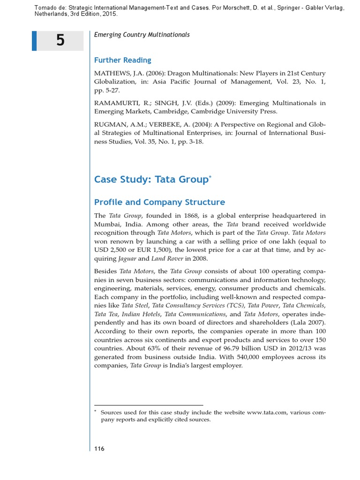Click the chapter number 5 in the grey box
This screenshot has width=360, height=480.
click(60, 41)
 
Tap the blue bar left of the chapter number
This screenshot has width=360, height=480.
click(34, 41)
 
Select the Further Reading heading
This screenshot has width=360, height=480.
click(122, 60)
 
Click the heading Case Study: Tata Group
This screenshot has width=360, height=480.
click(151, 180)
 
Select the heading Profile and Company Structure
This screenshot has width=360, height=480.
click(159, 202)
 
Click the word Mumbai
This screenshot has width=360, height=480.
click(107, 224)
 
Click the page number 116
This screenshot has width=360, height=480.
click(99, 449)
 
